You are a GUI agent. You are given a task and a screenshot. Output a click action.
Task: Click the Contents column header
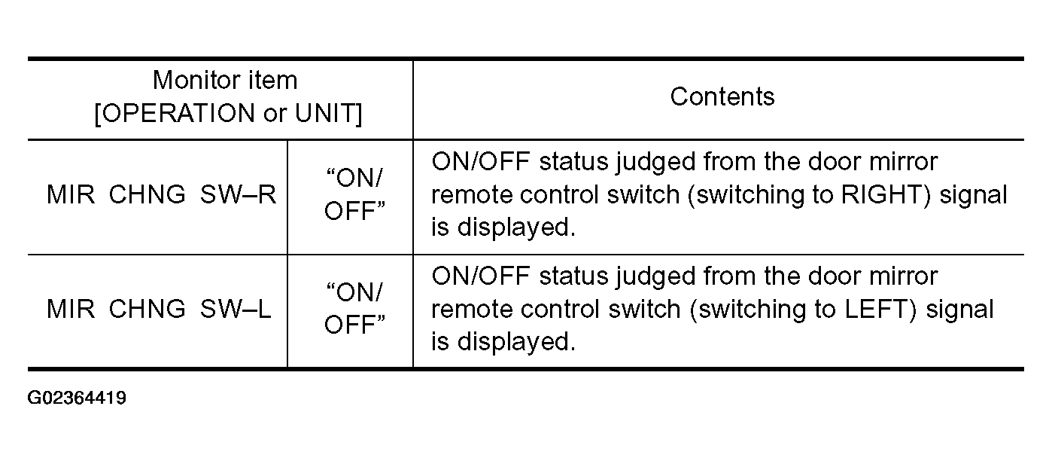722,97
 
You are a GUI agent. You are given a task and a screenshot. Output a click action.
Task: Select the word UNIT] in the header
329,113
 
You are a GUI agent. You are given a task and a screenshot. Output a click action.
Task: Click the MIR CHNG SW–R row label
162,194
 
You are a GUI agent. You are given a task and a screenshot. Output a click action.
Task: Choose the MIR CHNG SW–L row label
159,309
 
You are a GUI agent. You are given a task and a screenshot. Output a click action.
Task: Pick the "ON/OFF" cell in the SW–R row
354,194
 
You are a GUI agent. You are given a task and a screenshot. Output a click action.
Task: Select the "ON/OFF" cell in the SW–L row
354,308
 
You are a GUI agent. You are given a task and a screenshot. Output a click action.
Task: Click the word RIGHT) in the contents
886,195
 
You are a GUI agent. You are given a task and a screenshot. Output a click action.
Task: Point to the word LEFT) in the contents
880,310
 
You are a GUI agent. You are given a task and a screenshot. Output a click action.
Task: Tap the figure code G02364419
77,398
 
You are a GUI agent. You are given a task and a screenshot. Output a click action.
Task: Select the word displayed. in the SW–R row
516,228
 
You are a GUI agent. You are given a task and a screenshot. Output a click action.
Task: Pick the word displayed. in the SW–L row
516,342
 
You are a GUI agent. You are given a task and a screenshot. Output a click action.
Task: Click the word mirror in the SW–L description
903,276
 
